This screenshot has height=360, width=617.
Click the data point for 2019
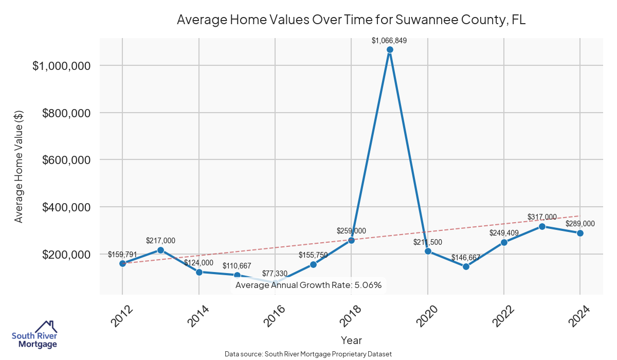tap(390, 49)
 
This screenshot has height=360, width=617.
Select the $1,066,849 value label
tap(389, 40)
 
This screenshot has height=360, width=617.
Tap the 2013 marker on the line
tap(160, 250)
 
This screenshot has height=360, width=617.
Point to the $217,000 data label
tap(160, 240)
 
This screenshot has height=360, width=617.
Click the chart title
tap(351, 20)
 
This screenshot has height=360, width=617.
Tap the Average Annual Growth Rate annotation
tap(308, 285)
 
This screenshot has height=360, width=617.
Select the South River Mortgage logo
tap(34, 334)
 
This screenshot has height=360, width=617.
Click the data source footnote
tap(308, 354)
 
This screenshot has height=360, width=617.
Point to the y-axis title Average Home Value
tap(19, 167)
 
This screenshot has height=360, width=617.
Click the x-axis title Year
tap(351, 340)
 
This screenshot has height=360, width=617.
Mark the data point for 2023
tap(542, 226)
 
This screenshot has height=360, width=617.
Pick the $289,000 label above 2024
tap(580, 224)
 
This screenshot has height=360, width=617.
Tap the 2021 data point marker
tap(466, 266)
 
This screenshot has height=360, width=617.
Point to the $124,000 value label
tap(198, 262)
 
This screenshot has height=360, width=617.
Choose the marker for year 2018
tap(352, 240)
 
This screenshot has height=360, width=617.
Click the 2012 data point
tap(122, 263)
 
